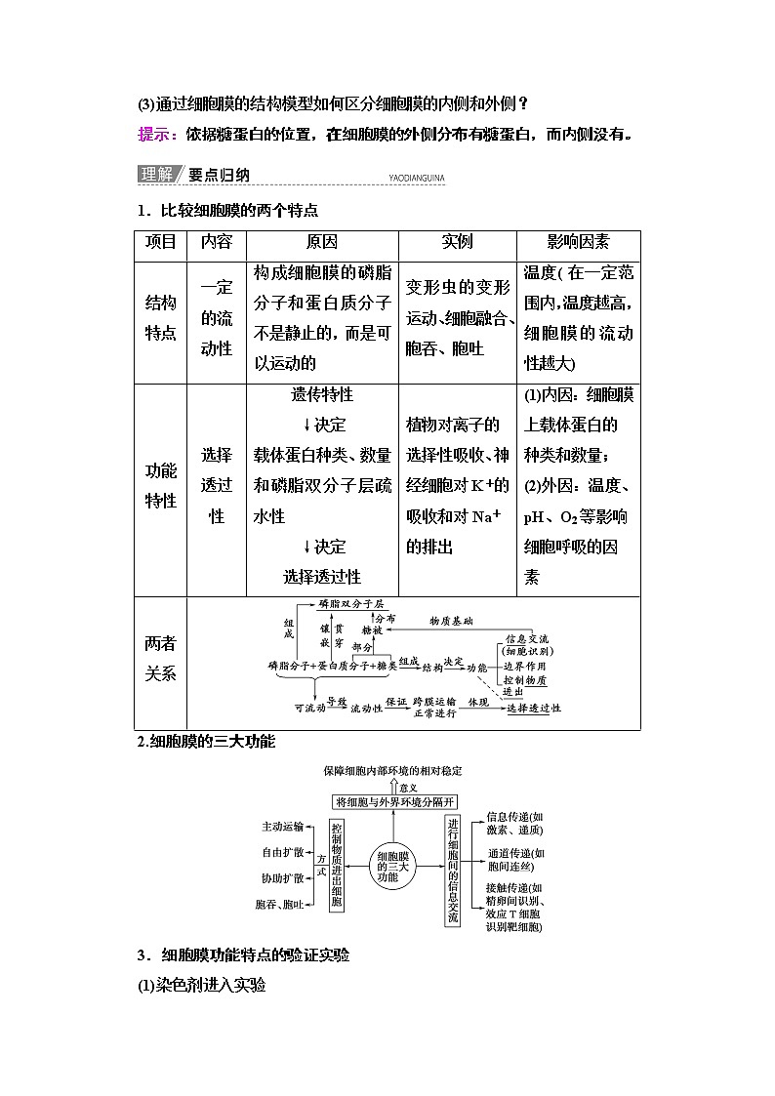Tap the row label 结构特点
tap(160, 319)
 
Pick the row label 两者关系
tap(160, 658)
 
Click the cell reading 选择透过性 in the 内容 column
tap(217, 485)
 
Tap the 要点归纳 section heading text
tap(220, 176)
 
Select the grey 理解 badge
tap(156, 176)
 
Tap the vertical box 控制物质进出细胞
tap(337, 866)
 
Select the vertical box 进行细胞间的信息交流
tap(452, 872)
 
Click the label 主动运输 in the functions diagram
tap(283, 826)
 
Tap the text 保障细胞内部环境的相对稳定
tap(390, 772)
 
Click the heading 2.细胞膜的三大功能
tap(207, 743)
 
